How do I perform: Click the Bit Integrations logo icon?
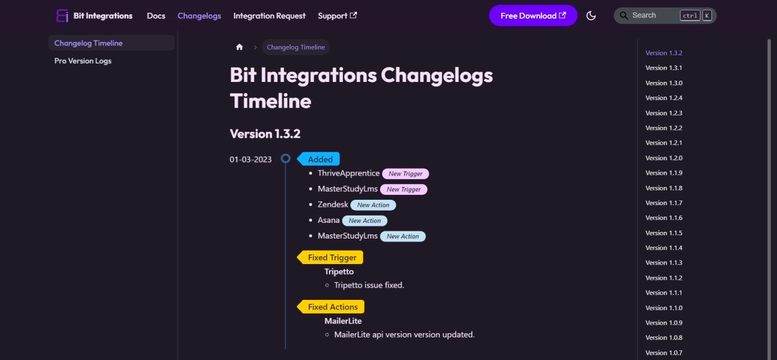(x=62, y=16)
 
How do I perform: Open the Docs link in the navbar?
(x=156, y=16)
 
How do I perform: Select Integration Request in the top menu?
(x=269, y=16)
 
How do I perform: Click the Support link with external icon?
(x=337, y=16)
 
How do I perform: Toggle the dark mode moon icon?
(x=591, y=16)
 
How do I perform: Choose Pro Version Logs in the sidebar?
(x=83, y=61)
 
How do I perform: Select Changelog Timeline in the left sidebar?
(x=88, y=43)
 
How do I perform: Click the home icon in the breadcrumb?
(x=239, y=47)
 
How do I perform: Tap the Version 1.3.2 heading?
(x=265, y=134)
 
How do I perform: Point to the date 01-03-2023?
(x=250, y=159)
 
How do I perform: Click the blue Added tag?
(x=320, y=159)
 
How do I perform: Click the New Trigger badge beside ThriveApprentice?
(x=405, y=174)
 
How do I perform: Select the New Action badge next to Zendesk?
(x=373, y=205)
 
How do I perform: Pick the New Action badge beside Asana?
(x=365, y=221)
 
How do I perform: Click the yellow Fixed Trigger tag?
(x=331, y=257)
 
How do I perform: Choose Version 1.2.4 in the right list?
(x=663, y=98)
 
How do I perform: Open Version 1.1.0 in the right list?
(x=663, y=308)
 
